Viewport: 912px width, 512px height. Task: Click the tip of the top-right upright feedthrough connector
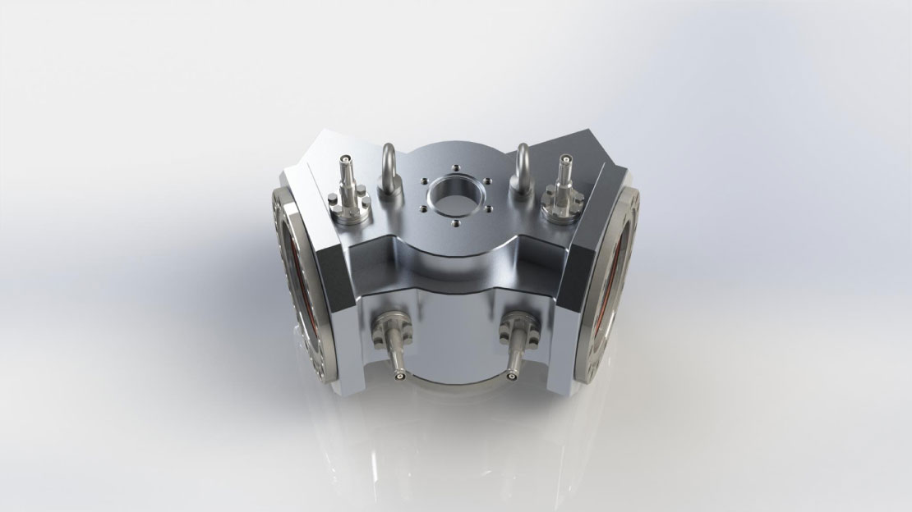click(x=564, y=160)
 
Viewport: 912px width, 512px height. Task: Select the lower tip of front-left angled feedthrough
click(x=399, y=377)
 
